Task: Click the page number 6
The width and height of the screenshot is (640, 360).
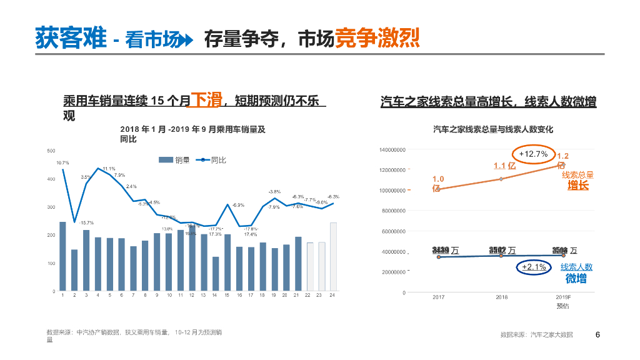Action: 598,334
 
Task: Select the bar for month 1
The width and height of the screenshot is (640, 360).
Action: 62,256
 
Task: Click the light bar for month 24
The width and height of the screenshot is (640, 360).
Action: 333,256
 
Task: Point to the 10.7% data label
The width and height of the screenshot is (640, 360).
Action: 62,162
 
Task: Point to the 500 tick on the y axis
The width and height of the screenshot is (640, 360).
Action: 51,151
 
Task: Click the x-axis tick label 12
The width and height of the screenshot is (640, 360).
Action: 192,295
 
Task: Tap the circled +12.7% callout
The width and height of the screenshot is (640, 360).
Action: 533,154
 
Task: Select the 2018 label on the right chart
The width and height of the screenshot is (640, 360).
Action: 501,297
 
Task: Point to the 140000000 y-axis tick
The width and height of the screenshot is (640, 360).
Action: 392,150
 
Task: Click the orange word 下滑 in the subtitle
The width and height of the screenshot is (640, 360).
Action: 206,99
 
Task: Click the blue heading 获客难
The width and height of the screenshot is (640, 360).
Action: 71,39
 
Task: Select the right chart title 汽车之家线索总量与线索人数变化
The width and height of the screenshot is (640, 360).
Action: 493,129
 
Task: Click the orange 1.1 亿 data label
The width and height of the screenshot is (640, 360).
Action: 504,166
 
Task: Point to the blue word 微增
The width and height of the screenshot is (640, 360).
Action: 576,279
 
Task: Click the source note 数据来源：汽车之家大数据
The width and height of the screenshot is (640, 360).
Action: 536,335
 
